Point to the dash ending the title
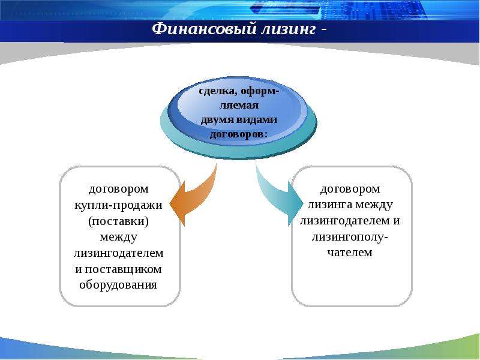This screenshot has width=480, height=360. pos(323,30)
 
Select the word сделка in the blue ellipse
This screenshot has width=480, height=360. pos(218,91)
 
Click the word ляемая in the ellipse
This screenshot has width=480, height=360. pos(239,106)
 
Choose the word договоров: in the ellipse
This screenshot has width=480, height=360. pos(238,134)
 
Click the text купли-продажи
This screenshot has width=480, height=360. pos(118,205)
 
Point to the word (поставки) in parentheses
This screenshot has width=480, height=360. pos(118,221)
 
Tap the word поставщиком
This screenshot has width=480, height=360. pos(123,269)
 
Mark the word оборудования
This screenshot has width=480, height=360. pos(118,284)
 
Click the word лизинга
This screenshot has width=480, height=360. pos(329,205)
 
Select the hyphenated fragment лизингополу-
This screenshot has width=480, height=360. pos(350,237)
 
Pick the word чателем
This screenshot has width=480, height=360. pos(350,253)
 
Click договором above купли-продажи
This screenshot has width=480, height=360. pos(119,189)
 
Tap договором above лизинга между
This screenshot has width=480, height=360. pos(350,189)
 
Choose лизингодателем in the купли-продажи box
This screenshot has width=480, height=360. pos(118,253)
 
